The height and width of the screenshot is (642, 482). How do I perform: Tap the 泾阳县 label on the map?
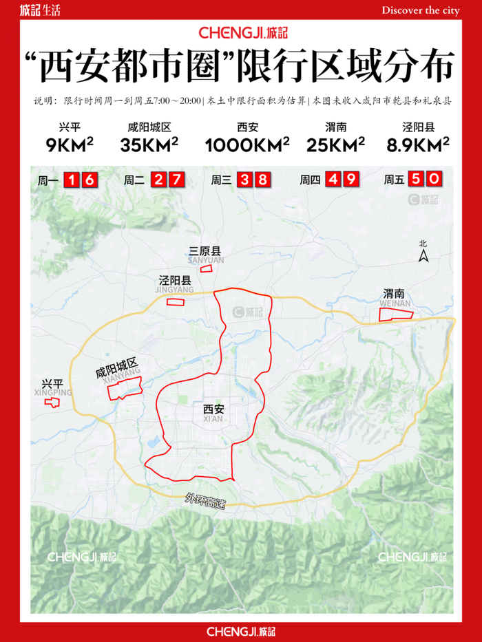pyautogui.click(x=173, y=282)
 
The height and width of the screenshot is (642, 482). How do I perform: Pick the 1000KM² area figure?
pyautogui.click(x=247, y=145)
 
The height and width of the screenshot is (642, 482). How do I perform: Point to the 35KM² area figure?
pyautogui.click(x=149, y=145)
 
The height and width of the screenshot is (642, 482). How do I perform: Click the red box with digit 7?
pyautogui.click(x=177, y=181)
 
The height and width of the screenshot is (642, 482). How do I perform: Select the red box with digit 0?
pyautogui.click(x=433, y=180)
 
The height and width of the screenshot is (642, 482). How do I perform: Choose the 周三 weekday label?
pyautogui.click(x=222, y=181)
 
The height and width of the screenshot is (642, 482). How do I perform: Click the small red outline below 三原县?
pyautogui.click(x=206, y=269)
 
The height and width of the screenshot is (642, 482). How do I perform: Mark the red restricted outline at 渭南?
pyautogui.click(x=396, y=314)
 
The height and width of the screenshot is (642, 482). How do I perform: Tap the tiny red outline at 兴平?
pyautogui.click(x=50, y=400)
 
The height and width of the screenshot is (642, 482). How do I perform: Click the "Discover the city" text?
pyautogui.click(x=420, y=10)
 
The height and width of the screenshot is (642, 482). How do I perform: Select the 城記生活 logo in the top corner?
pyautogui.click(x=41, y=10)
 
